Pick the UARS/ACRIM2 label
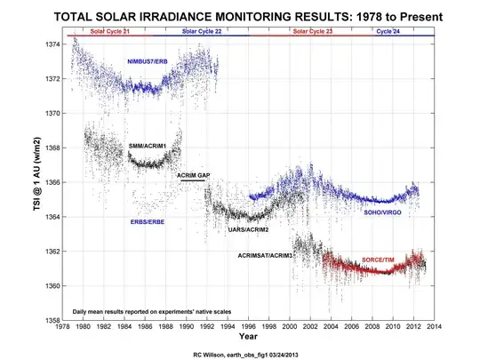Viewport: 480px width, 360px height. point(249,229)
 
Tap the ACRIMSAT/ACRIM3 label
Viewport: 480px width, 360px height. point(265,255)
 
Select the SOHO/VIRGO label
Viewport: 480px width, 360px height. point(387,212)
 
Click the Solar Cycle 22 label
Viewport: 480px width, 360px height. point(202,31)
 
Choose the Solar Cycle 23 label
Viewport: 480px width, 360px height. point(312,31)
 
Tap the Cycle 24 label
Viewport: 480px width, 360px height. point(388,31)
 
